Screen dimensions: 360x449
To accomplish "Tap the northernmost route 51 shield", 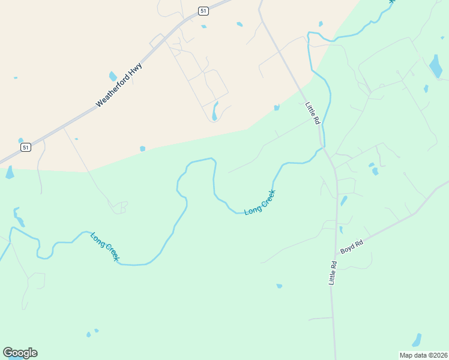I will [x=203, y=11].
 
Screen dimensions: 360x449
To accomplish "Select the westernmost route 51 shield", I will [x=25, y=147].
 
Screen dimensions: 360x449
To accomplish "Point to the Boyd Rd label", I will [x=352, y=245].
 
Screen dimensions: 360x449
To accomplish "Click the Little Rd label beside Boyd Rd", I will [x=333, y=272].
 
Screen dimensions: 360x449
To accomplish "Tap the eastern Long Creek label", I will [x=260, y=202].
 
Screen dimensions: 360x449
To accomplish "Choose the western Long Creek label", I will [x=105, y=247].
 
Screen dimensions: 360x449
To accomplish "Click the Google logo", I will [x=20, y=353].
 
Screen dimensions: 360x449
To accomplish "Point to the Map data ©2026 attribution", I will [x=423, y=355].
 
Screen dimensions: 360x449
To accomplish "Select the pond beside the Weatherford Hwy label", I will [x=112, y=76].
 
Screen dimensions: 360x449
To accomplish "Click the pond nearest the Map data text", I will [x=417, y=340].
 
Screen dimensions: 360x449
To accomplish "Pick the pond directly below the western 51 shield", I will [x=9, y=172].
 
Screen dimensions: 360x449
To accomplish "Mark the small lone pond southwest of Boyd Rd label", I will [x=279, y=286].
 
